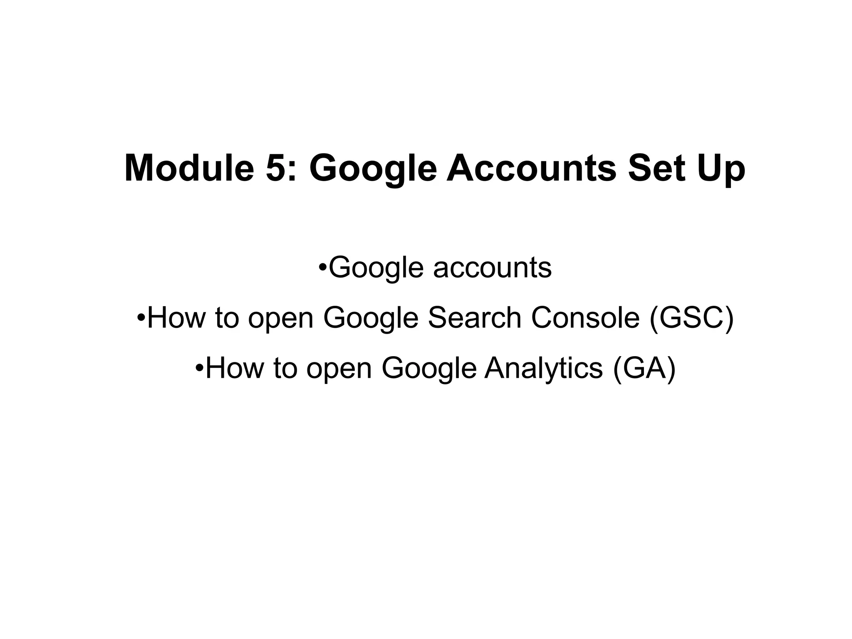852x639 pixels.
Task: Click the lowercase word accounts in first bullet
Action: (493, 267)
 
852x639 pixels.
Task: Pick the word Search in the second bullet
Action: (475, 317)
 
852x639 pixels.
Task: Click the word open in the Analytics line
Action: (339, 369)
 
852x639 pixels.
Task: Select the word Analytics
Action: (543, 369)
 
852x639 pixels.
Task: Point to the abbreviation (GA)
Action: (644, 369)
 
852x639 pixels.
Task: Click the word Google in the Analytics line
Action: (429, 369)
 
